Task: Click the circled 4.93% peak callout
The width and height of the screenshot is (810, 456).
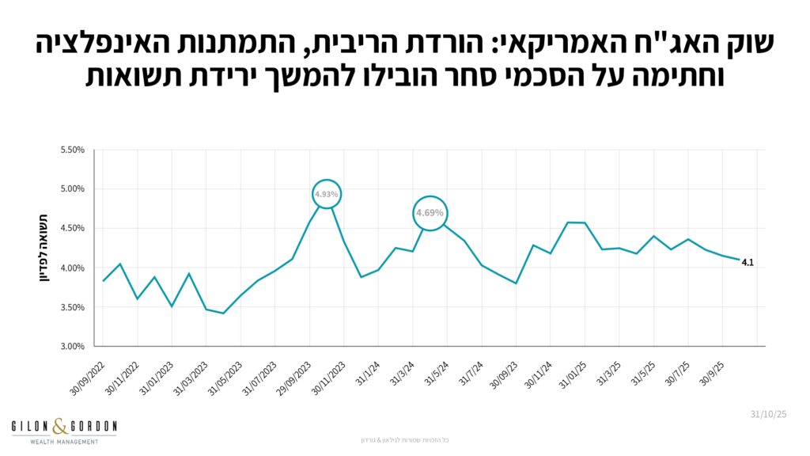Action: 326,194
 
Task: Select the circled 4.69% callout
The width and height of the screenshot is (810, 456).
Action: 430,213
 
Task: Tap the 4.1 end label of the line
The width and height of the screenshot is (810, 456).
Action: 747,262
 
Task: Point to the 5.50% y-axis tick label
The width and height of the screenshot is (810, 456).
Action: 72,150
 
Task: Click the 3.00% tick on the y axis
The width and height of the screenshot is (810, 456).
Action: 72,347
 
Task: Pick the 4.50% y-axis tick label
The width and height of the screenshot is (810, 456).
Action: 72,229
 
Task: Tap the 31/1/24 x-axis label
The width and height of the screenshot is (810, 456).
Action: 365,370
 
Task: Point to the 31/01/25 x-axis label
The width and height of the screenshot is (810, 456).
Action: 569,372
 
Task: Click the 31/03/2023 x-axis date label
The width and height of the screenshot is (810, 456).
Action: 188,375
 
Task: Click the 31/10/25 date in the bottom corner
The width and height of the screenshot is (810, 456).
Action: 768,414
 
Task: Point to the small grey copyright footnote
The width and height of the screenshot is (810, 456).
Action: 404,439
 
